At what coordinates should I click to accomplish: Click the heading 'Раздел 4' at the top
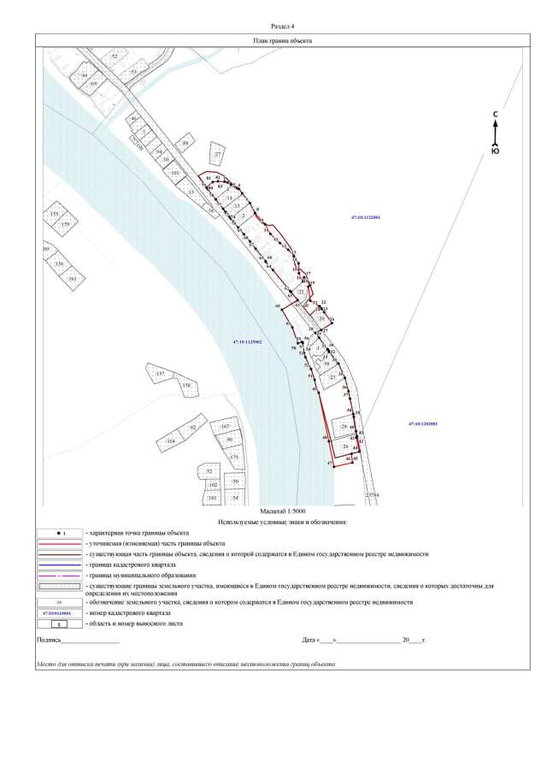[x=282, y=27]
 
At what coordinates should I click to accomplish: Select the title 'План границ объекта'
[x=282, y=40]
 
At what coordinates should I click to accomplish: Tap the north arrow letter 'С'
[x=495, y=115]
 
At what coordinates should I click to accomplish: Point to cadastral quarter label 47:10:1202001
[x=422, y=424]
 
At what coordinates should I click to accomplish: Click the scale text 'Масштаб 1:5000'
[x=281, y=510]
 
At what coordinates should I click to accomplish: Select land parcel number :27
[x=218, y=155]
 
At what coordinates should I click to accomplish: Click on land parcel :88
[x=185, y=144]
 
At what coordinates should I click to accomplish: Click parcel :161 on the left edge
[x=72, y=279]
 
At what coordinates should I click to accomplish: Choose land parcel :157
[x=159, y=375]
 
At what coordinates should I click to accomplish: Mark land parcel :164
[x=171, y=440]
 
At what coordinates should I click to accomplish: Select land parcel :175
[x=232, y=458]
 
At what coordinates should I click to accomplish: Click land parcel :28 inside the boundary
[x=344, y=426]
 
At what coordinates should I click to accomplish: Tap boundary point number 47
[x=330, y=463]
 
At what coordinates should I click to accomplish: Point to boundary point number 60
[x=278, y=305]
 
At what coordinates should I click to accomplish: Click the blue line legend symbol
[x=61, y=565]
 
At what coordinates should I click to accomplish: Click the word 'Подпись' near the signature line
[x=48, y=640]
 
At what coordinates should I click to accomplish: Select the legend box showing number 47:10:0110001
[x=61, y=612]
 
